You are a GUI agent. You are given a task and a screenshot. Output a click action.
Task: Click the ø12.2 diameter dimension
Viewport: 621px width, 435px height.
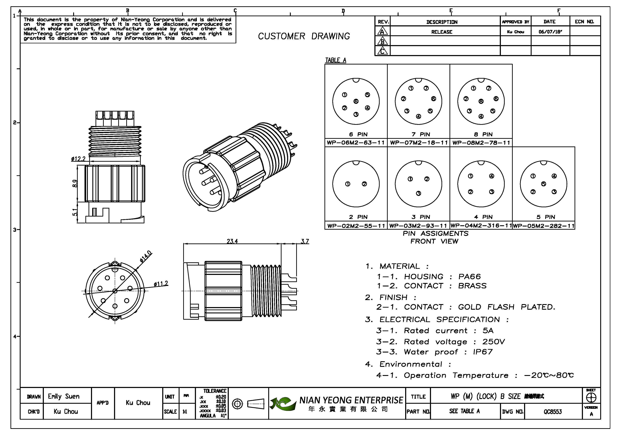(x=78, y=159)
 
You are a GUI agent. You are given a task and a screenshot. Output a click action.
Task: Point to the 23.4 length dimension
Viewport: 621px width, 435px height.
(x=232, y=241)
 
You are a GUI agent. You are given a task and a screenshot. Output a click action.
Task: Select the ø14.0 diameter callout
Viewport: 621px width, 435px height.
(x=146, y=256)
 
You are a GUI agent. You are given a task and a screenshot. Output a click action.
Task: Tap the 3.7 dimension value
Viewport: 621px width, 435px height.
(x=305, y=241)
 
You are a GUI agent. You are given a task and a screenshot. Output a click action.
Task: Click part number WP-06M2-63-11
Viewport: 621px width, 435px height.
(x=356, y=143)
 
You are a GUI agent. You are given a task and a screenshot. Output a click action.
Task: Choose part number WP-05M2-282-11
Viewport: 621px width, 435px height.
(x=544, y=226)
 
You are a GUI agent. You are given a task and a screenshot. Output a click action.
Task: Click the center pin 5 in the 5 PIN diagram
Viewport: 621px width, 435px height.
(x=543, y=184)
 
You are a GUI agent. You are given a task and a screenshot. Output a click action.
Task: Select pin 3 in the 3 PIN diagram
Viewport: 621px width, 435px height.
(x=418, y=193)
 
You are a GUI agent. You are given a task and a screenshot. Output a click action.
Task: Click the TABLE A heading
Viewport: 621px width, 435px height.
(x=335, y=60)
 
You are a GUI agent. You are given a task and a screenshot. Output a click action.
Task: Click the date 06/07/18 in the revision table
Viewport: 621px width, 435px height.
(x=550, y=32)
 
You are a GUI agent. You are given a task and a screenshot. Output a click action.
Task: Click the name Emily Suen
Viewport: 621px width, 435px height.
(x=64, y=397)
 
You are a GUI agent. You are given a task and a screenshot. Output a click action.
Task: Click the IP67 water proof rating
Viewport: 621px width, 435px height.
(x=483, y=352)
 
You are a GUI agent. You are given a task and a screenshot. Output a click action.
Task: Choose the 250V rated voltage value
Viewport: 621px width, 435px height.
(x=494, y=342)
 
